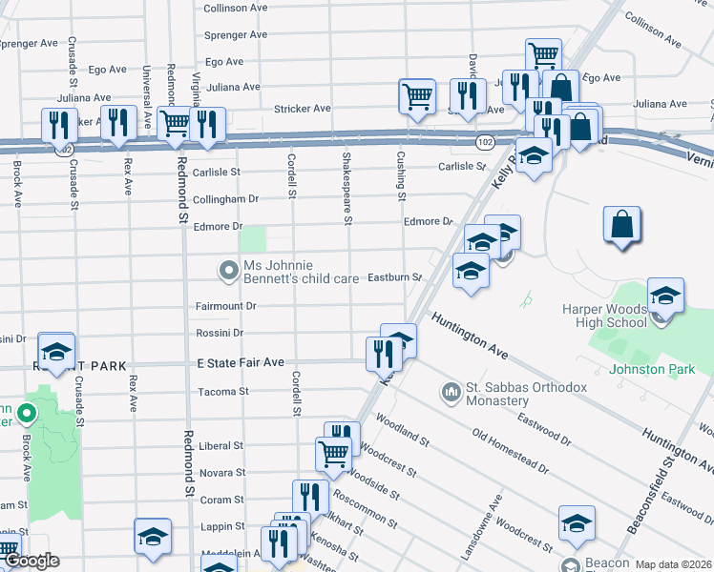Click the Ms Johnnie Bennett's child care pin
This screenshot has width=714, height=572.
228,272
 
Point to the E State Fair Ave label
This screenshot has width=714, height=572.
241,363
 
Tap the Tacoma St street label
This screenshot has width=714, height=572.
222,392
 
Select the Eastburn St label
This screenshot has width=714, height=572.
394,277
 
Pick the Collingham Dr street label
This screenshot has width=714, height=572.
226,199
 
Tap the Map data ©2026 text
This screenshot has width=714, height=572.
673,564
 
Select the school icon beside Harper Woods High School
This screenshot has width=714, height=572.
665,294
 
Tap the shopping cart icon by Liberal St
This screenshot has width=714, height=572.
333,453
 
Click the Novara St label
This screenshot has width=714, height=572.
221,473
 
